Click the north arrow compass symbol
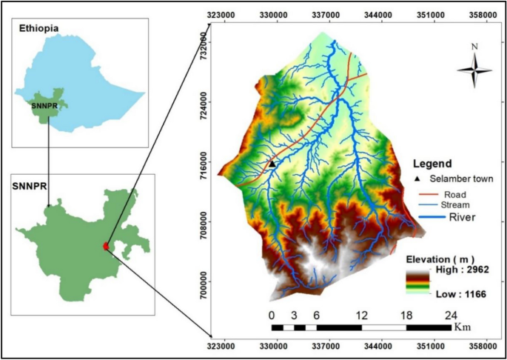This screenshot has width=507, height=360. tap(474, 70)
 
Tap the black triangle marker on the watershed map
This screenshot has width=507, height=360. tap(272, 164)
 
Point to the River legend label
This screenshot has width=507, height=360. tap(460, 217)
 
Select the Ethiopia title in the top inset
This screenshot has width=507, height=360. tap(41, 27)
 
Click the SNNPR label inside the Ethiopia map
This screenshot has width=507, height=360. tap(44, 105)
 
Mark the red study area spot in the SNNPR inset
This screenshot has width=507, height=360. tap(106, 246)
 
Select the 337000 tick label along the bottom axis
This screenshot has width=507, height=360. tap(326, 346)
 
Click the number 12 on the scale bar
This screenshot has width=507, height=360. tap(362, 314)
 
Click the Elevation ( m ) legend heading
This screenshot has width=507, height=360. tap(441, 258)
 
